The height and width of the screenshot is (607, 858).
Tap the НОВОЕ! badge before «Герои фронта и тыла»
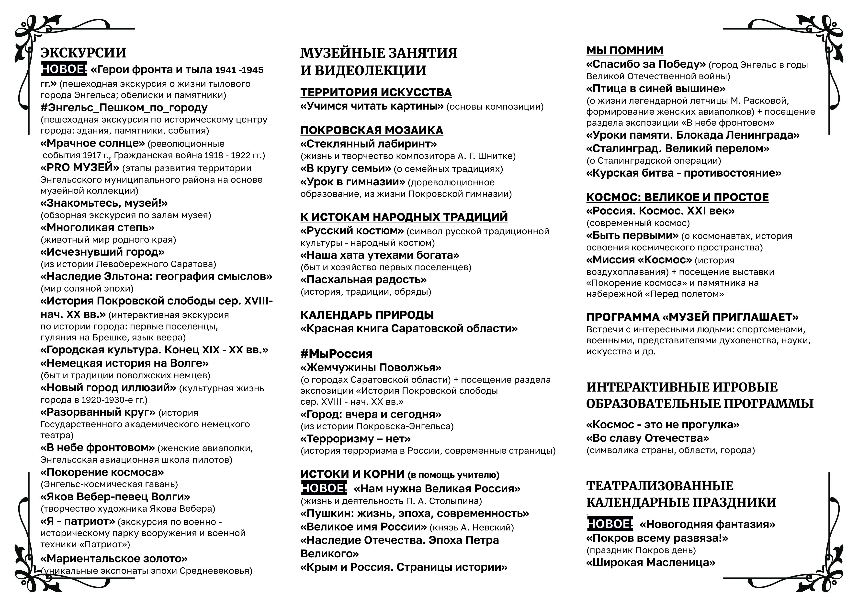click(64, 69)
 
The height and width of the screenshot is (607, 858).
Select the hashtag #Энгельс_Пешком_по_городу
click(124, 108)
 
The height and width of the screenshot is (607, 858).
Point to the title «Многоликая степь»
click(97, 227)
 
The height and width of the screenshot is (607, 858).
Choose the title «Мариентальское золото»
click(114, 558)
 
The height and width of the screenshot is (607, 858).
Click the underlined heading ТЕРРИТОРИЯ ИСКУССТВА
click(376, 92)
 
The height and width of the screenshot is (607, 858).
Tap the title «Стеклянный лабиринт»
click(368, 144)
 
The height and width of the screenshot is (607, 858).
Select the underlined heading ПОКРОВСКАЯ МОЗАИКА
click(372, 130)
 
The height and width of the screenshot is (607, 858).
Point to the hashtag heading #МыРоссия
click(336, 354)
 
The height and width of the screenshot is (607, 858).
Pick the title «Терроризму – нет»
click(355, 438)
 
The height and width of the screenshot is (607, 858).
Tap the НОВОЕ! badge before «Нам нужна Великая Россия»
click(324, 488)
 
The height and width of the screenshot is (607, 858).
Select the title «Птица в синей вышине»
click(656, 89)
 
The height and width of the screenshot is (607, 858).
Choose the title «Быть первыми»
click(632, 236)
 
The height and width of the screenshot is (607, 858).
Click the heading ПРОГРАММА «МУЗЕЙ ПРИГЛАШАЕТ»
click(692, 317)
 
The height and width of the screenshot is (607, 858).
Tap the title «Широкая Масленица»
click(651, 562)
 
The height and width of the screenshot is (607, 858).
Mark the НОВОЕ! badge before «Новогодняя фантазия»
click(610, 524)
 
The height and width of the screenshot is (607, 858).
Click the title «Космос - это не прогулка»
click(663, 425)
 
